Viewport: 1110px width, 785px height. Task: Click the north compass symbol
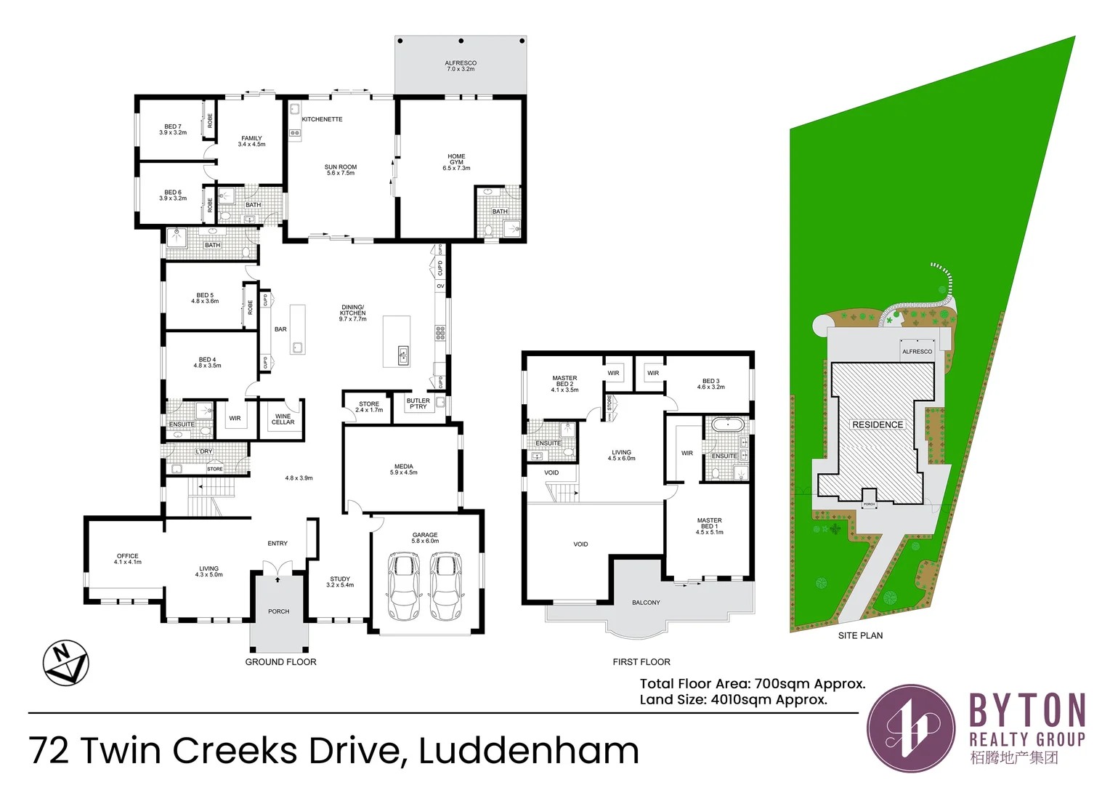65,663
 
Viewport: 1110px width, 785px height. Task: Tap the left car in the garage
403,586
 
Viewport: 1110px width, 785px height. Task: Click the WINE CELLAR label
283,419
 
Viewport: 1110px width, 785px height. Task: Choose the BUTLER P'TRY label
418,403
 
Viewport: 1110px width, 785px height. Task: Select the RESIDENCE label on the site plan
878,424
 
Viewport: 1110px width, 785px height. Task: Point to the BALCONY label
646,603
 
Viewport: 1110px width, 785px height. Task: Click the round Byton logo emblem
911,728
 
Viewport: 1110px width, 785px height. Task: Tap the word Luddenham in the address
529,751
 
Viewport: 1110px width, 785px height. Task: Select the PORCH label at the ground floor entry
278,611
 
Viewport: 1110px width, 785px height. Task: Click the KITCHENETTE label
322,119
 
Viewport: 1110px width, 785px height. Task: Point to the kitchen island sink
403,355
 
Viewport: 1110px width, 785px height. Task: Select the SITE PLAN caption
860,635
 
